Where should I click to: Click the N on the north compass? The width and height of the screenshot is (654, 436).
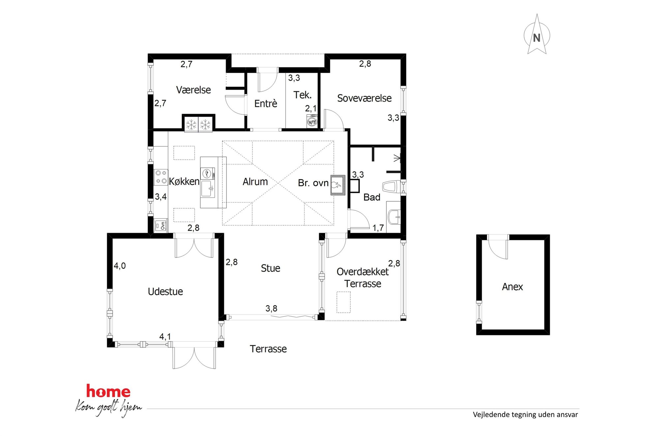pyautogui.click(x=537, y=38)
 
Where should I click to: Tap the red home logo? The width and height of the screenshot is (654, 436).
pyautogui.click(x=108, y=391)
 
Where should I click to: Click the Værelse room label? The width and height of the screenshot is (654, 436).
pyautogui.click(x=193, y=90)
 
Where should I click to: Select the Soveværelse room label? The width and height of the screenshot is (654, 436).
pyautogui.click(x=364, y=98)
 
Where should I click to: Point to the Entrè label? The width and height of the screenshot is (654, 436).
pyautogui.click(x=266, y=103)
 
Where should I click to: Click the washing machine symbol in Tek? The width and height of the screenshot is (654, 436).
pyautogui.click(x=312, y=121)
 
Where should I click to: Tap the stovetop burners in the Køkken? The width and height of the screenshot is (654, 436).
pyautogui.click(x=161, y=177)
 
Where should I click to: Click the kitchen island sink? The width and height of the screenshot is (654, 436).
pyautogui.click(x=208, y=189)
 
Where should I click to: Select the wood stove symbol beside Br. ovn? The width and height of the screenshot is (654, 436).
pyautogui.click(x=338, y=185)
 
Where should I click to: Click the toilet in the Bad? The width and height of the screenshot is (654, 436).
pyautogui.click(x=391, y=187)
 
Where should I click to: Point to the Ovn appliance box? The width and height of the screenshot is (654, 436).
pyautogui.click(x=161, y=226)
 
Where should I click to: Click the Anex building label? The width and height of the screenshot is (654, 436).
pyautogui.click(x=512, y=287)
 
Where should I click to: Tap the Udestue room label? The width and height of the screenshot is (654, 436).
pyautogui.click(x=165, y=292)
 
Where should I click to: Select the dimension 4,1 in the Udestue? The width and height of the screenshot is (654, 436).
pyautogui.click(x=165, y=336)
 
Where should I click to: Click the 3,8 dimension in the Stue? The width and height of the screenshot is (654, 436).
pyautogui.click(x=271, y=308)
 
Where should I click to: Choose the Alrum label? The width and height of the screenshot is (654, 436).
pyautogui.click(x=255, y=182)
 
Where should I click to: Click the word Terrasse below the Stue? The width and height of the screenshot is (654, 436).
pyautogui.click(x=268, y=349)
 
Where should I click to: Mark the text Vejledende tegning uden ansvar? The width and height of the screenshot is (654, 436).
pyautogui.click(x=525, y=415)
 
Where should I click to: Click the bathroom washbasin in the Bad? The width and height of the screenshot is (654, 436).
pyautogui.click(x=394, y=217)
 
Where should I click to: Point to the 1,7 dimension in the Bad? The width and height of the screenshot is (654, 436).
pyautogui.click(x=378, y=228)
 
